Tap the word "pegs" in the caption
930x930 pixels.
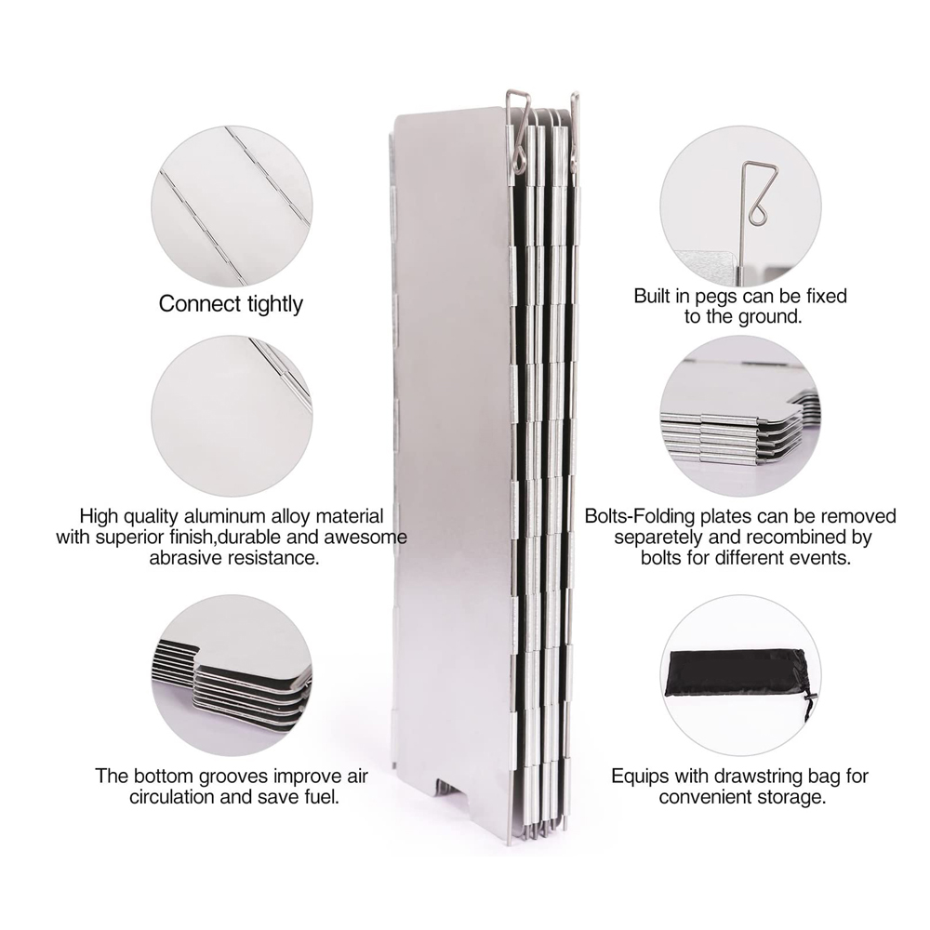click(716, 297)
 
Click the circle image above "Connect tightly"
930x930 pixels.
click(232, 206)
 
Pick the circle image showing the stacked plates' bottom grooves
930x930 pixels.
click(232, 675)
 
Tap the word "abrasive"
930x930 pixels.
click(188, 558)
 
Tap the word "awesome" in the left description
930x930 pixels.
click(370, 538)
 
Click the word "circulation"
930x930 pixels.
click(172, 797)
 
